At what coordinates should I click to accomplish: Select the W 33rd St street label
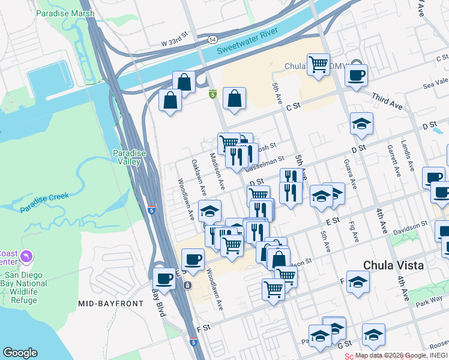[x=175, y=43]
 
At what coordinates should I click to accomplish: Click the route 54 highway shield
[x=213, y=39]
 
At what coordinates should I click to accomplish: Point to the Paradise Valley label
[x=130, y=157]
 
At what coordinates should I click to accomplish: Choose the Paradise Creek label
[x=44, y=202]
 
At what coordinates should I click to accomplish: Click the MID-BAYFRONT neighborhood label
[x=110, y=304]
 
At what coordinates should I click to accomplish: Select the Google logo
[x=20, y=352]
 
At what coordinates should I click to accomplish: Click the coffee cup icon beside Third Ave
[x=356, y=76]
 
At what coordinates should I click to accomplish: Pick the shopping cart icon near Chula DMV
[x=318, y=64]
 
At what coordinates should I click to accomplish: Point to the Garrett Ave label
[x=394, y=161]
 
